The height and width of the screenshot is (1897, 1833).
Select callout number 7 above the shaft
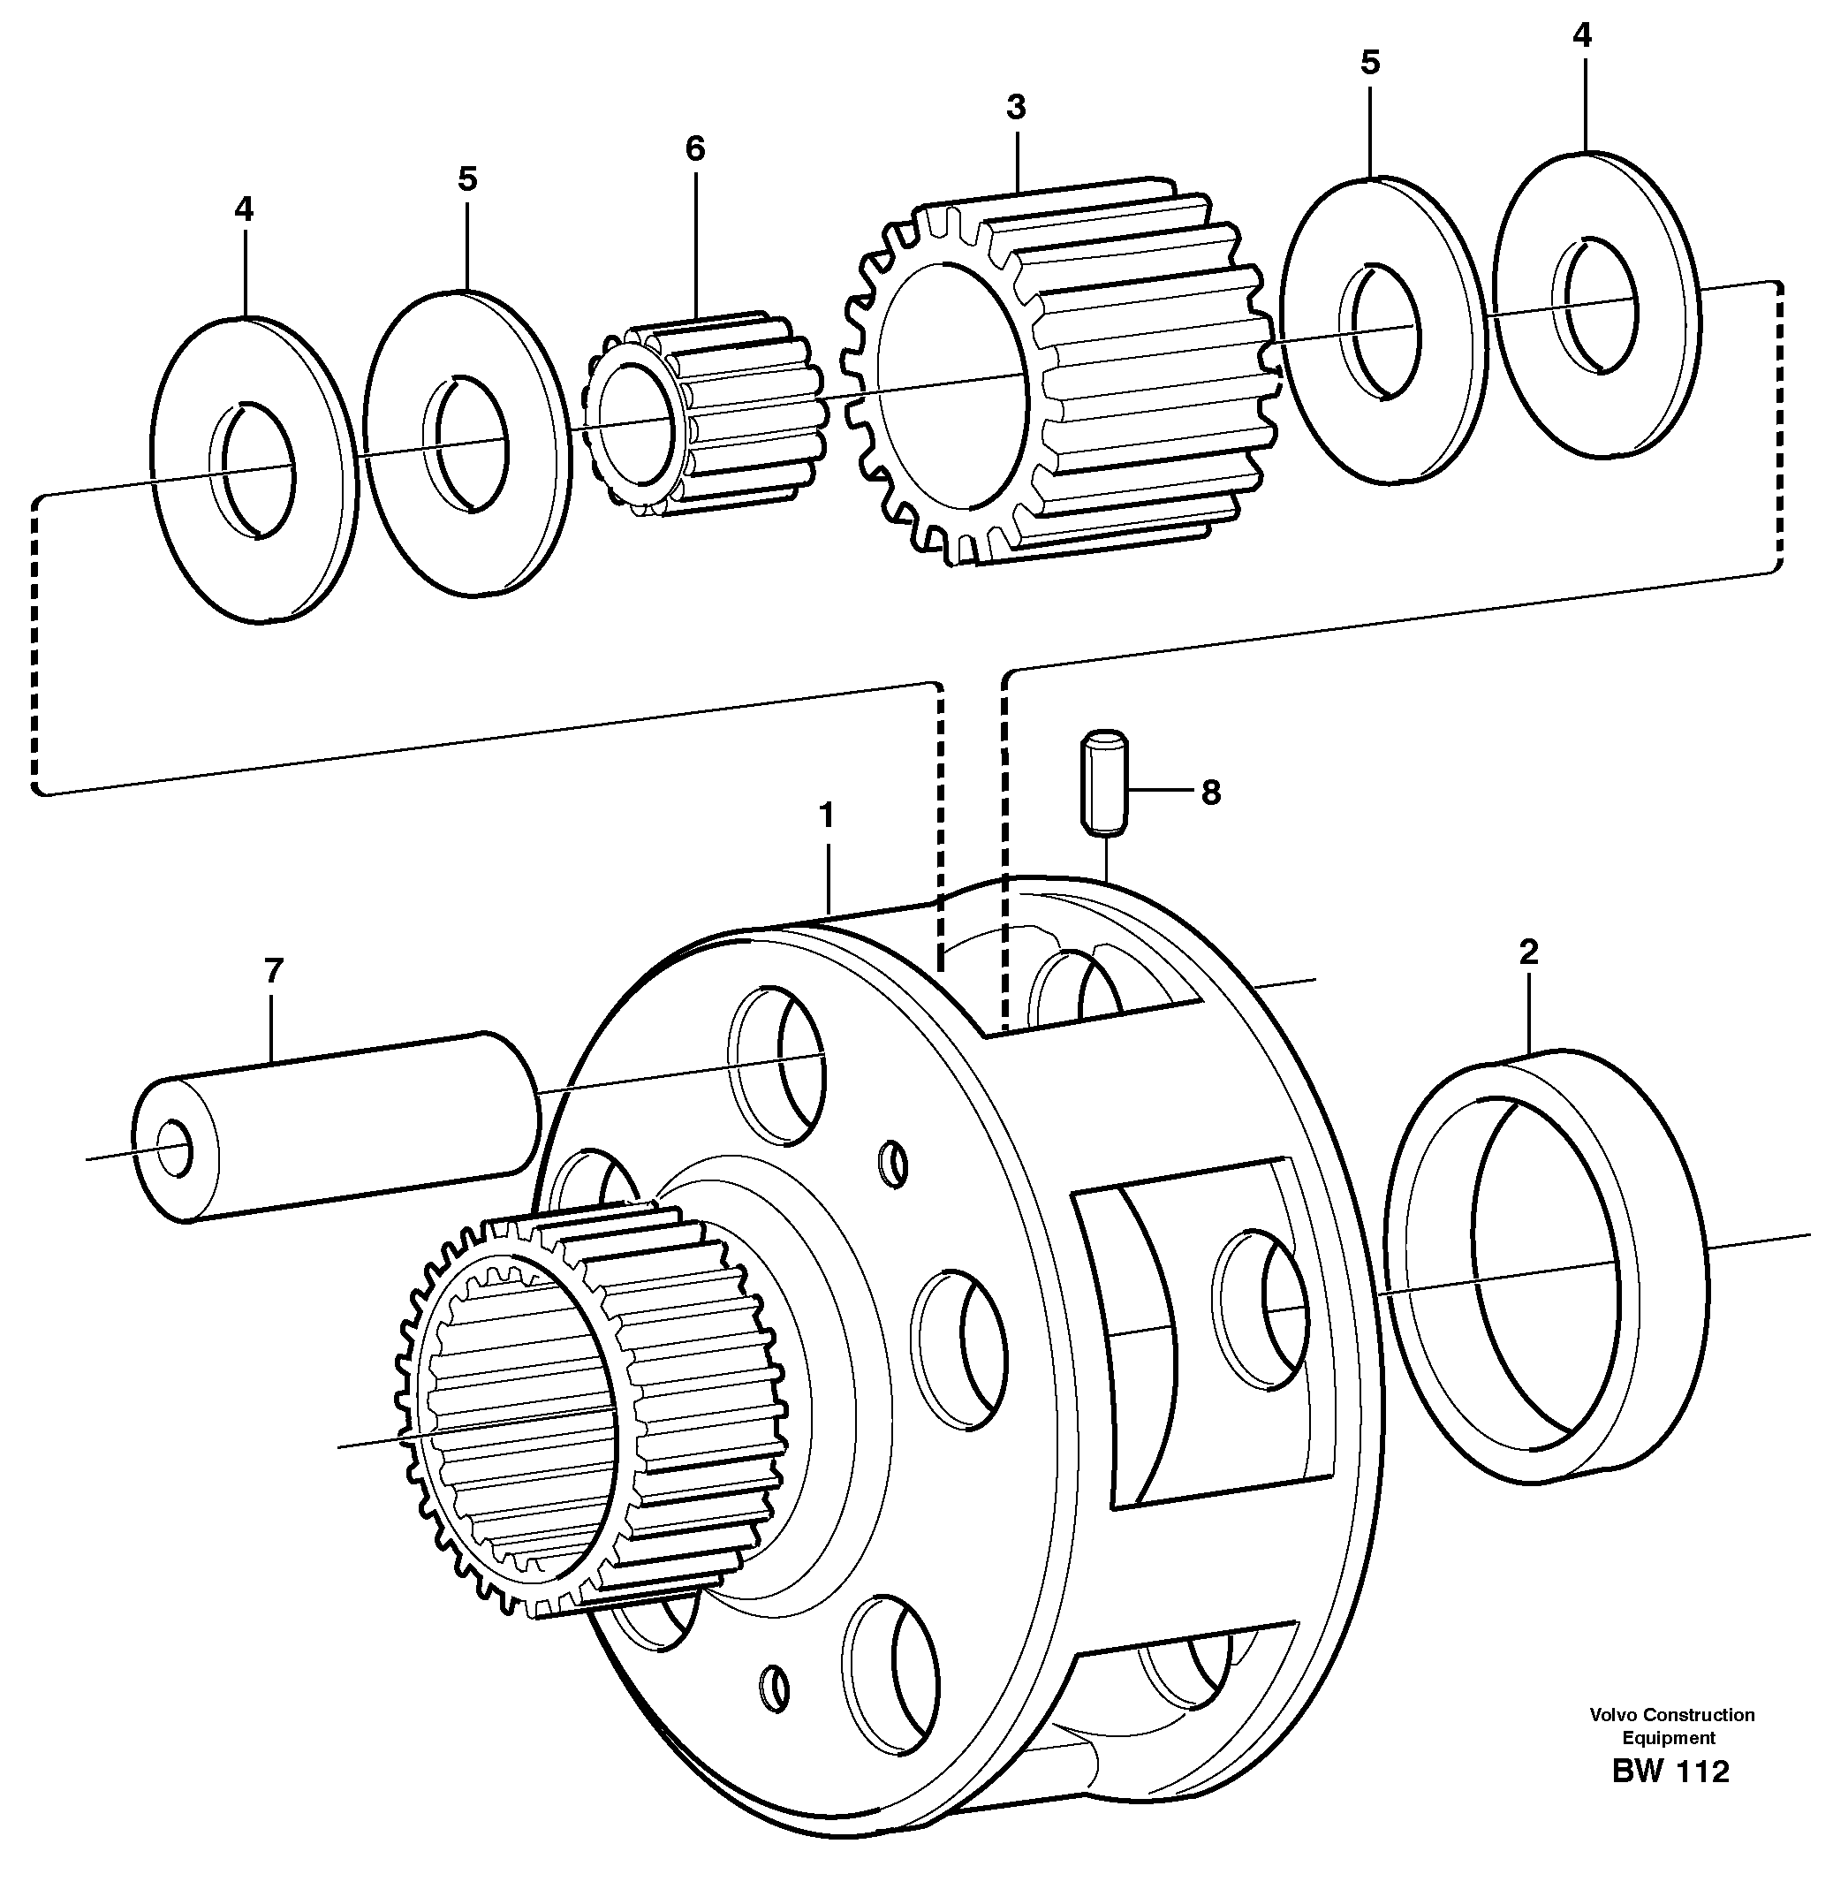coord(273,971)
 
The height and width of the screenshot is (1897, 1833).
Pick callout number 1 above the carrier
coord(826,816)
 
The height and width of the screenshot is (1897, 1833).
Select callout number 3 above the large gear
coord(1015,108)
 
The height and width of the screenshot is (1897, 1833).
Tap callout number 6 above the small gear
coord(695,148)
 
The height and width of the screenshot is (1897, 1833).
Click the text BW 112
coord(1670,1772)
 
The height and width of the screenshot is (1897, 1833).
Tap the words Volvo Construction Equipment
coord(1670,1726)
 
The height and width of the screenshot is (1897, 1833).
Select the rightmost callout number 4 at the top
coord(1581,37)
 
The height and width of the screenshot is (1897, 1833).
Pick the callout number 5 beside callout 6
coord(467,179)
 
